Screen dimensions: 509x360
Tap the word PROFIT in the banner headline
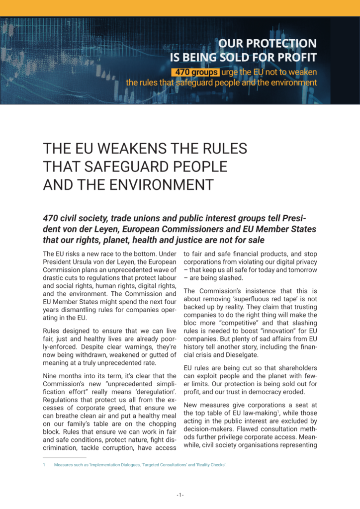(293, 57)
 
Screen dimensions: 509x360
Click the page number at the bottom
(180, 495)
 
